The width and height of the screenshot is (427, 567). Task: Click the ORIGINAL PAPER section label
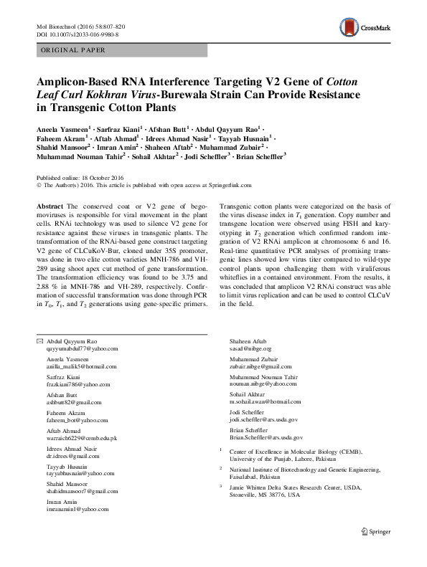point(71,50)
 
